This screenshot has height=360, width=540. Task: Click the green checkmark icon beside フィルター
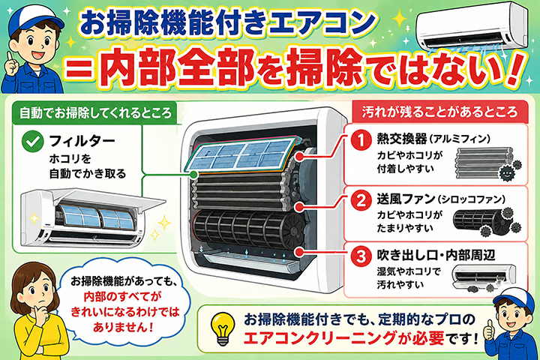pyautogui.click(x=32, y=141)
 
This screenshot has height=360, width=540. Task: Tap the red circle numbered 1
pyautogui.click(x=361, y=139)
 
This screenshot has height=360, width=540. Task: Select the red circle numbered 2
pyautogui.click(x=361, y=199)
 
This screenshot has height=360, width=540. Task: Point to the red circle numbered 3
pyautogui.click(x=361, y=256)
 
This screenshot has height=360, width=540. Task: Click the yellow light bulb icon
pyautogui.click(x=223, y=328)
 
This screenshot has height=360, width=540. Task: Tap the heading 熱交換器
pyautogui.click(x=401, y=139)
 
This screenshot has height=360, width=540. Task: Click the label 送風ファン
pyautogui.click(x=406, y=199)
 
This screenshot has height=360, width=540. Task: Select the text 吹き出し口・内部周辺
pyautogui.click(x=436, y=255)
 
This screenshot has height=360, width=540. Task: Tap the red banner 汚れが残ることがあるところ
pyautogui.click(x=439, y=112)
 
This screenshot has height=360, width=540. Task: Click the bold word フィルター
pyautogui.click(x=82, y=140)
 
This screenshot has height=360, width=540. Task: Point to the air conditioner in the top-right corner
pyautogui.click(x=472, y=28)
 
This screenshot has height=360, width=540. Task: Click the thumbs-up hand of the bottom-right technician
pyautogui.click(x=488, y=330)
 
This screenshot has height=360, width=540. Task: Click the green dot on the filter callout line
pyautogui.click(x=194, y=175)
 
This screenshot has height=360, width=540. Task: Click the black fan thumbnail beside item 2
pyautogui.click(x=486, y=221)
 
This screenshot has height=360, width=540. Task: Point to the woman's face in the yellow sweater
pyautogui.click(x=37, y=290)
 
